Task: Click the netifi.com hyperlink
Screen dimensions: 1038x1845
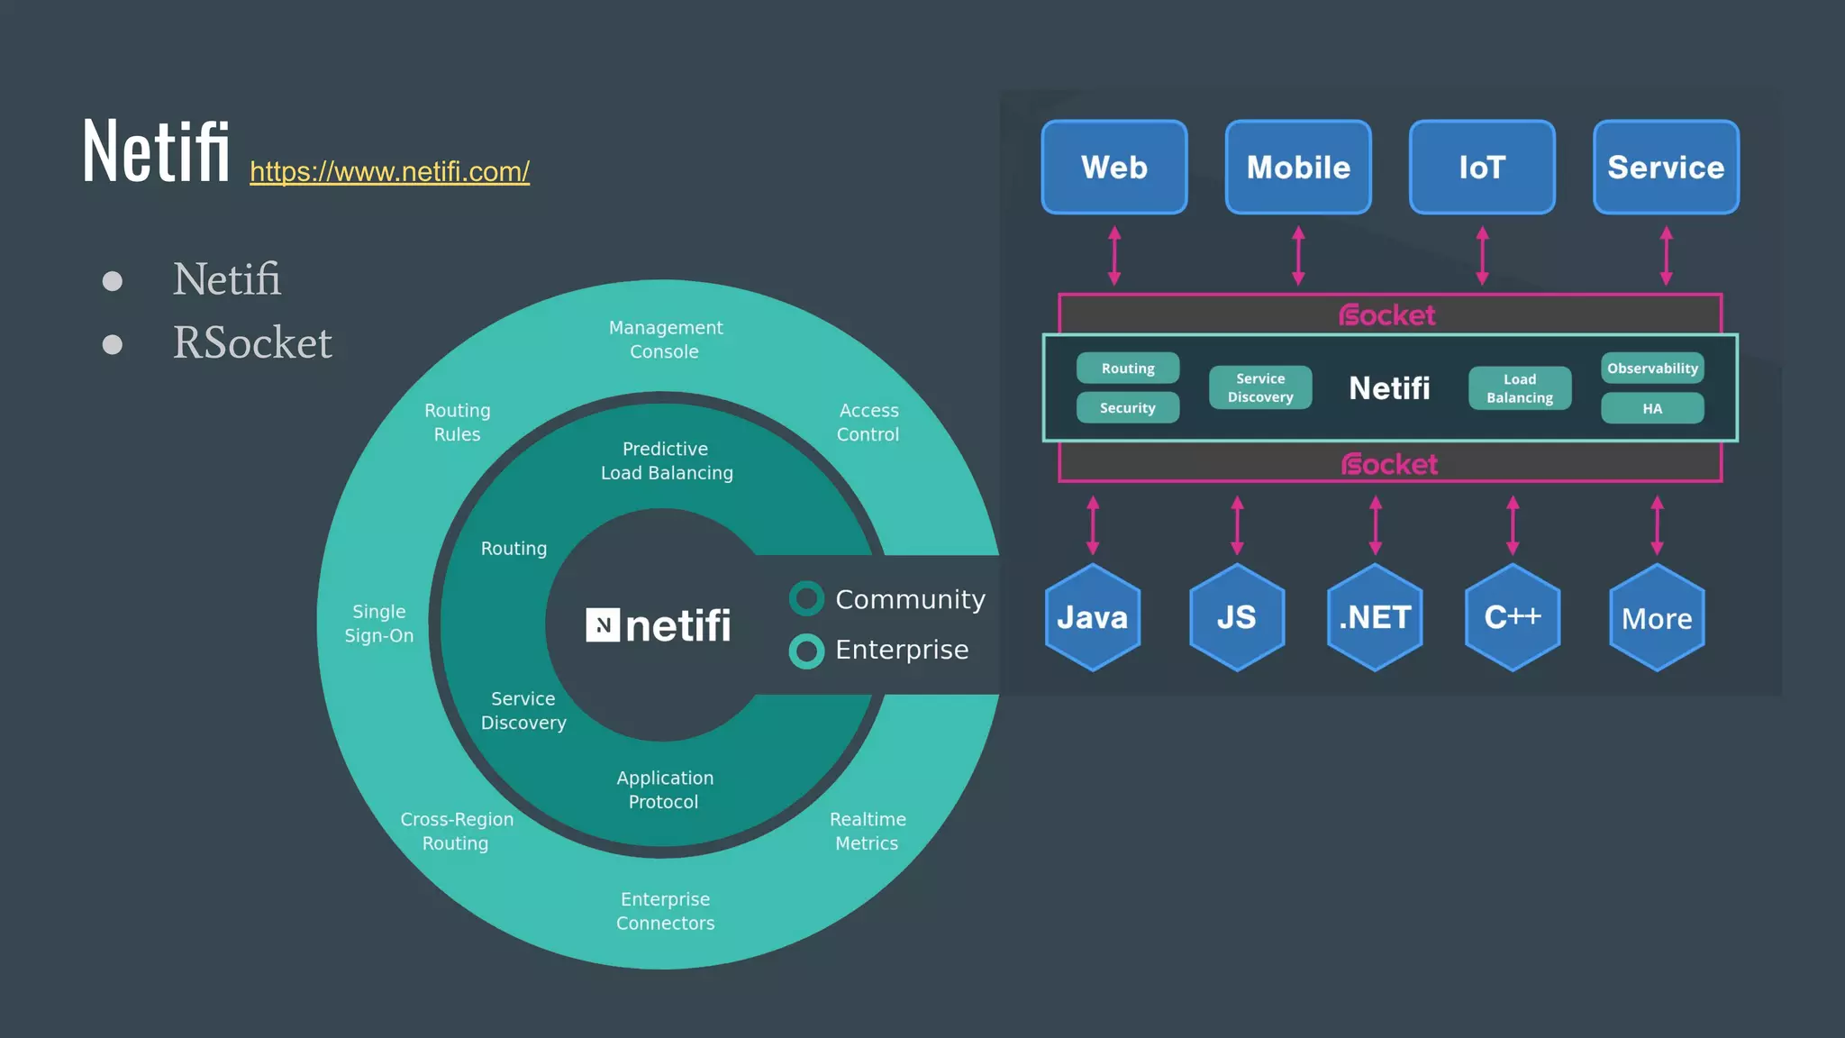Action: [389, 171]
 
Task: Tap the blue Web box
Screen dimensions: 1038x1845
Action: [1114, 168]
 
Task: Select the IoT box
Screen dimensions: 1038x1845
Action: [1482, 168]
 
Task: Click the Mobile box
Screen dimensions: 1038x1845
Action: [1298, 168]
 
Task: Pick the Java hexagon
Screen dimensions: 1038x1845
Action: [1093, 618]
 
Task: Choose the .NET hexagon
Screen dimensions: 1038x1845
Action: [1375, 618]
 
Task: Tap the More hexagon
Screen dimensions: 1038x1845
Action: [1657, 618]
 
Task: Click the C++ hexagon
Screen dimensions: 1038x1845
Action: [1513, 618]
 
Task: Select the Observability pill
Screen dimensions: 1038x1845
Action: [1652, 369]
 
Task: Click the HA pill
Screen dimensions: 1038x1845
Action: [1652, 408]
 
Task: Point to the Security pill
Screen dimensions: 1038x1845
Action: [1127, 408]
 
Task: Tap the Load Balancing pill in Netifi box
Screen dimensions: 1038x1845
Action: [1520, 388]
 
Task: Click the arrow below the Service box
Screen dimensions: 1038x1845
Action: [1666, 256]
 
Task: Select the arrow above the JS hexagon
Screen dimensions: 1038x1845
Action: [1237, 525]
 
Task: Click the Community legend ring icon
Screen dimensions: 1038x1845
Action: [806, 599]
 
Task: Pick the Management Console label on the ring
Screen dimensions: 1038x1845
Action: [665, 340]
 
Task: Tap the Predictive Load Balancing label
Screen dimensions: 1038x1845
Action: [667, 460]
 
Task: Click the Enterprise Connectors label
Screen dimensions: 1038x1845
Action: [665, 911]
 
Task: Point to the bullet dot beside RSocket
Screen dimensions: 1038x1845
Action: [113, 344]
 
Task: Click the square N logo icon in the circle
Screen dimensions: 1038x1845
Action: [603, 624]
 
